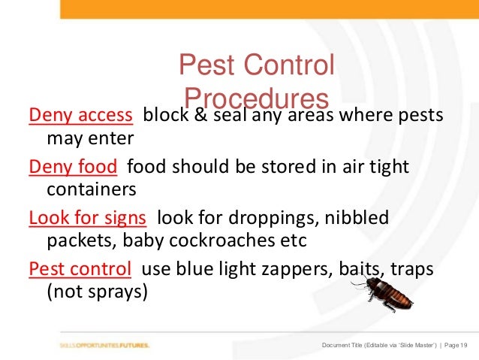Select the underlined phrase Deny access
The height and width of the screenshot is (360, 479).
click(81, 116)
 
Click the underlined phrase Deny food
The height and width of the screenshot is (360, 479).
click(73, 167)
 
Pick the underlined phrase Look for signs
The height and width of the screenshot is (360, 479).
click(87, 219)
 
